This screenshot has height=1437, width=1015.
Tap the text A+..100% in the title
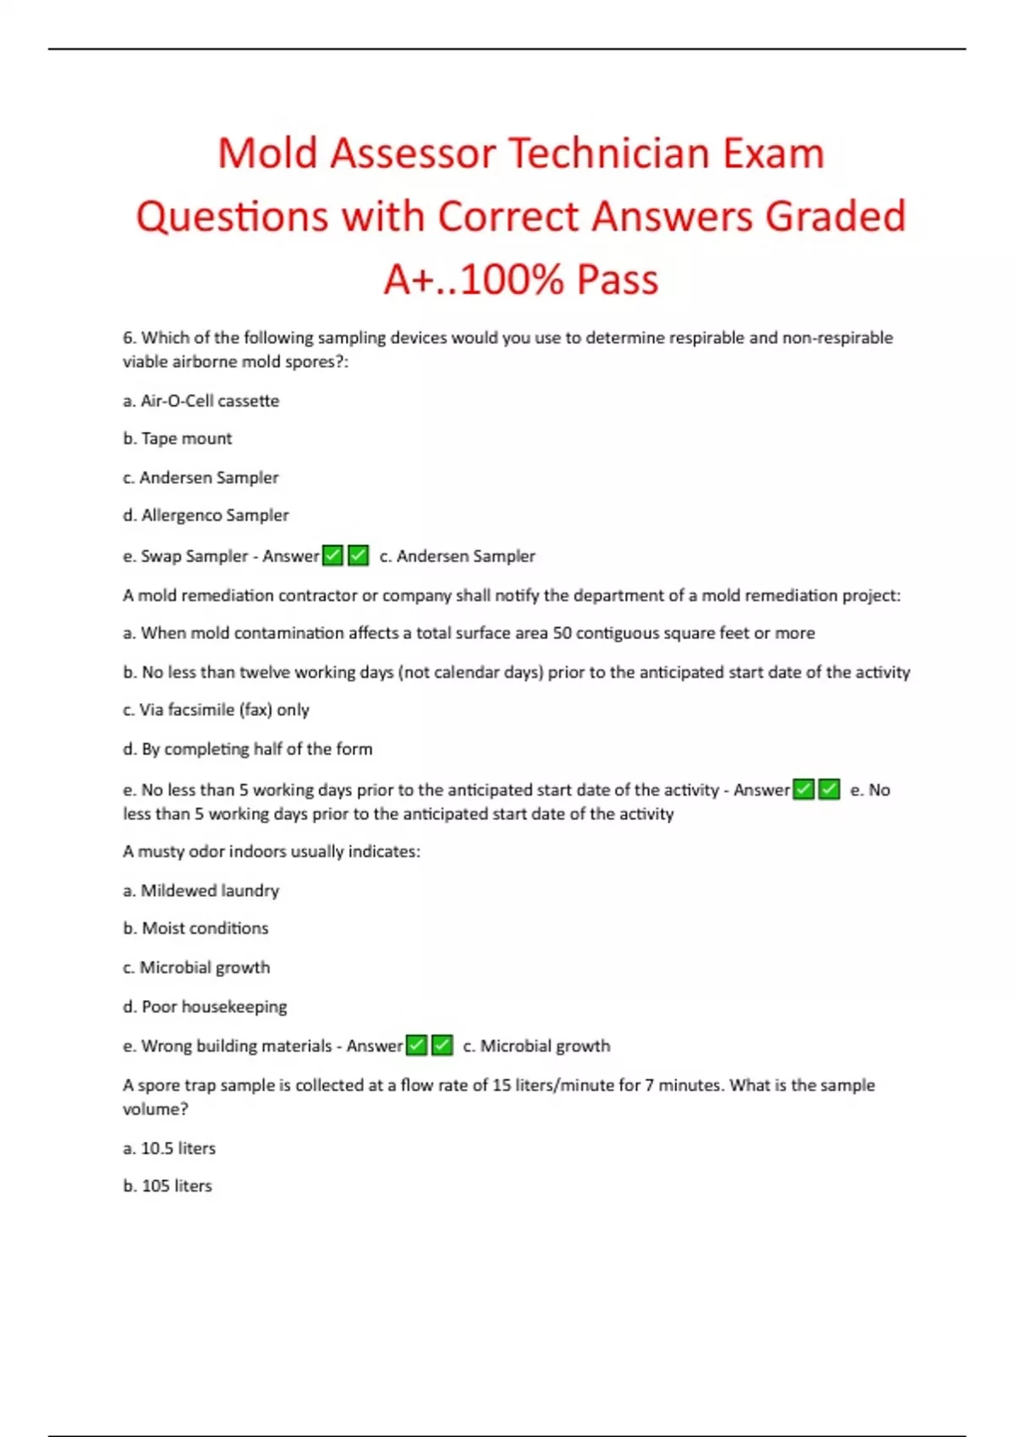pos(473,279)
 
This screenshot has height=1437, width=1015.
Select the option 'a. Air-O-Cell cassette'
pos(200,401)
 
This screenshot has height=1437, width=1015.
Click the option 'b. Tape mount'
pos(177,439)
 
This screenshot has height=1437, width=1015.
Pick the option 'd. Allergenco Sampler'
pos(206,515)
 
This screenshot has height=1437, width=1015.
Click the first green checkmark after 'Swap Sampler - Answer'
pos(333,555)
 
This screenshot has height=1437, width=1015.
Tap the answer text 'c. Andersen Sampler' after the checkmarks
pos(457,556)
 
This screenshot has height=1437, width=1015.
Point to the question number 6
pos(129,338)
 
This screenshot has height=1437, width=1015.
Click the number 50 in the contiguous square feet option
pos(562,633)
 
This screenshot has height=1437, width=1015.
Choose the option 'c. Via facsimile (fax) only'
pos(216,710)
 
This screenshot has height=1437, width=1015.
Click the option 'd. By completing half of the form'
pos(247,749)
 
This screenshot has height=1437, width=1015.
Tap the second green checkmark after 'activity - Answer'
pos(830,790)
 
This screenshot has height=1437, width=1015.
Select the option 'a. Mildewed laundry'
pos(200,890)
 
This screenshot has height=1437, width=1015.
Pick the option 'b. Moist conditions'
pos(195,928)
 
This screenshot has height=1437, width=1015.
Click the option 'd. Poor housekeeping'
pos(205,1007)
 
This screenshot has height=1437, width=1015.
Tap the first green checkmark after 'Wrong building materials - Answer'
pos(417,1046)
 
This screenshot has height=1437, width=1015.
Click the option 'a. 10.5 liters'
pos(169,1148)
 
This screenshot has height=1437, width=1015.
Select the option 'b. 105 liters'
pos(167,1186)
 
